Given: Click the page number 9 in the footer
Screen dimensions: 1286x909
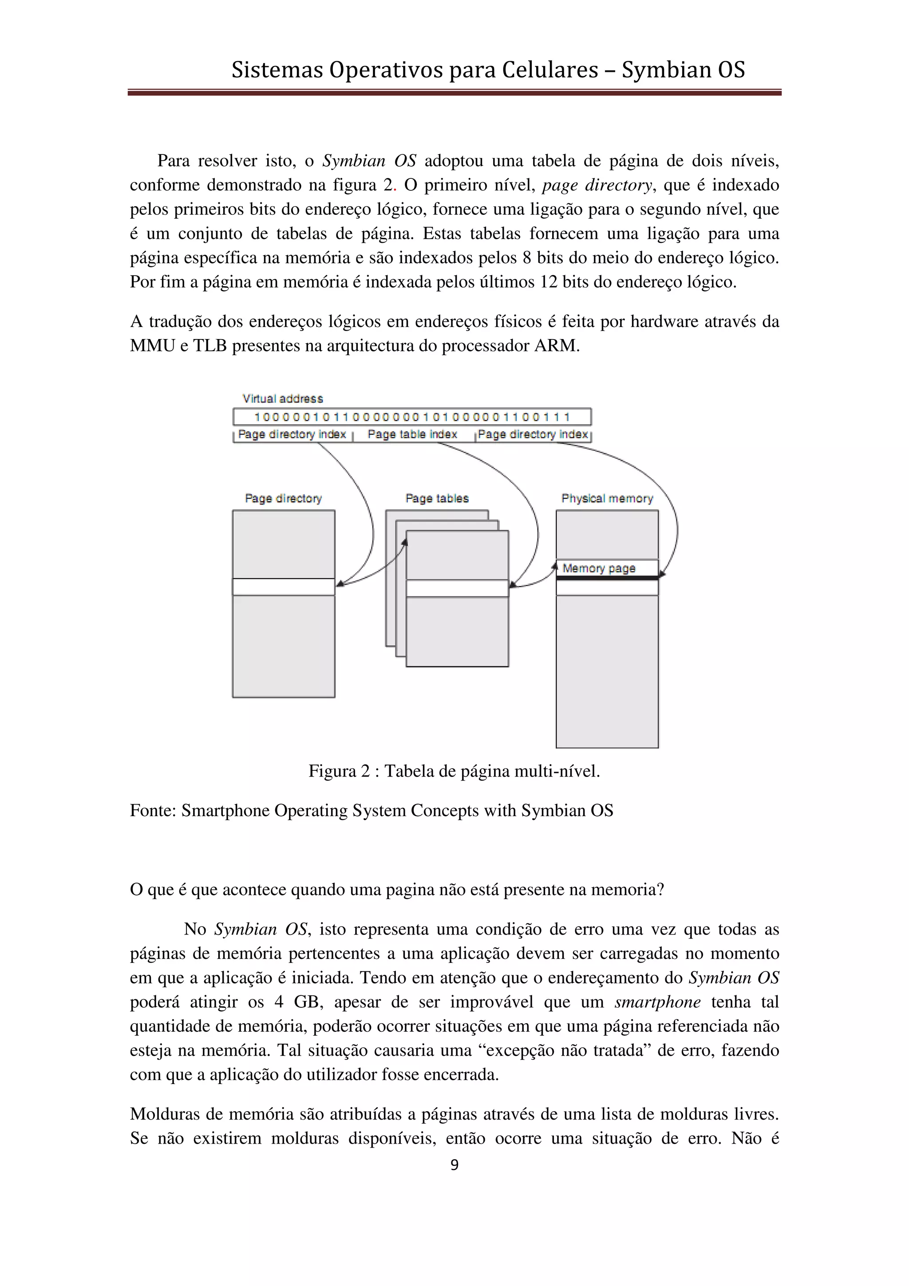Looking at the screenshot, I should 454,1164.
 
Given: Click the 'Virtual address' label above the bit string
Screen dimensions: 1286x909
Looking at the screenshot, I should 282,399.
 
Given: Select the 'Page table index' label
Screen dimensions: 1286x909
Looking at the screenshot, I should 412,434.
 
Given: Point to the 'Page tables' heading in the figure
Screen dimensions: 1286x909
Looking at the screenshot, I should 437,498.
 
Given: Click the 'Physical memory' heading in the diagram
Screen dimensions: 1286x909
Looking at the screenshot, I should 607,498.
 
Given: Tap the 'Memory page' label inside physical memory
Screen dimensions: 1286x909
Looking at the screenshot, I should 599,568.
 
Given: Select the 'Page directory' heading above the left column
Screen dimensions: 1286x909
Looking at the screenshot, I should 284,498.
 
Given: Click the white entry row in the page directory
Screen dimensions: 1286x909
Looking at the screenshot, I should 284,587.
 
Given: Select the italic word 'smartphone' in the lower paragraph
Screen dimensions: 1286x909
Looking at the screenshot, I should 657,1002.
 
